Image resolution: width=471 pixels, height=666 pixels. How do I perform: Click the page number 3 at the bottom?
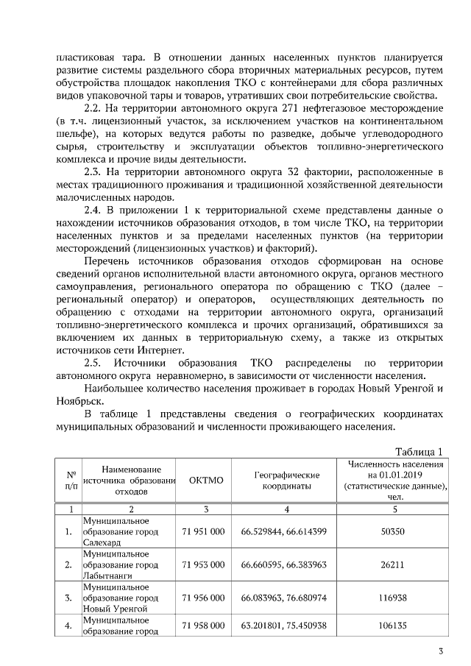[x=440, y=650]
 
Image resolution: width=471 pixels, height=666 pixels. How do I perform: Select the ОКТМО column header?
[x=205, y=480]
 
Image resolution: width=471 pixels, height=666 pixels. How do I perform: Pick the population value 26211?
[x=392, y=564]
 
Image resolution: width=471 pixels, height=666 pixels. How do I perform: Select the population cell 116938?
[x=392, y=598]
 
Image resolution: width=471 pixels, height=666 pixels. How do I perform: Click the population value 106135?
[x=392, y=626]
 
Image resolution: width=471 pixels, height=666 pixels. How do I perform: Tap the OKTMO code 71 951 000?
[x=202, y=531]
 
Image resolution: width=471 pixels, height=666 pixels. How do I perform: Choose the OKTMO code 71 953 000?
[x=202, y=564]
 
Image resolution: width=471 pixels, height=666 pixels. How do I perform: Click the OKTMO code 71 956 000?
[x=202, y=598]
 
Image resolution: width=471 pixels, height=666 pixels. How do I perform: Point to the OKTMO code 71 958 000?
[x=202, y=626]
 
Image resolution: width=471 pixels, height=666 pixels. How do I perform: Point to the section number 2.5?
[x=94, y=363]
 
